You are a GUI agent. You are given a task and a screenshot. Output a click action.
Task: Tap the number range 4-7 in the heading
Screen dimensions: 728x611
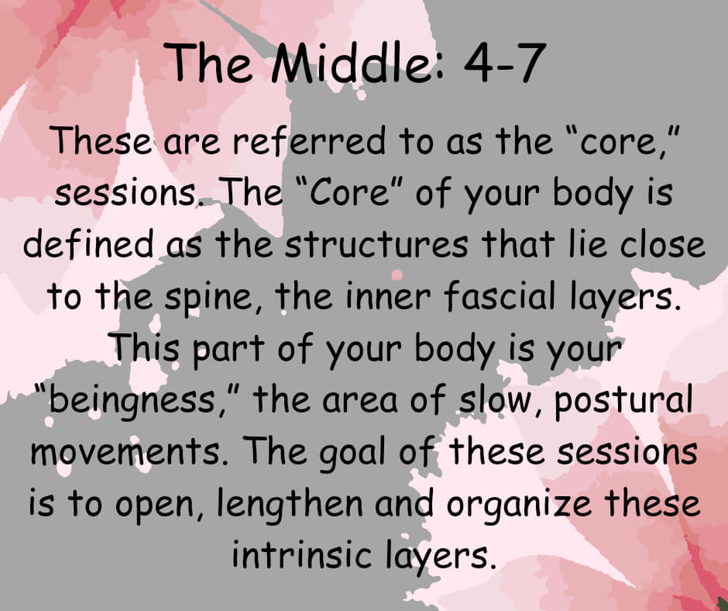(504, 64)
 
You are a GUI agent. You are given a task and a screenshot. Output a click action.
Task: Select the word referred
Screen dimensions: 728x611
(309, 140)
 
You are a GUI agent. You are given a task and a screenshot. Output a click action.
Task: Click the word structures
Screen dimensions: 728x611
(376, 243)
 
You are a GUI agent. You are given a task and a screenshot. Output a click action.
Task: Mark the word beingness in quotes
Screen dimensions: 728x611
(132, 401)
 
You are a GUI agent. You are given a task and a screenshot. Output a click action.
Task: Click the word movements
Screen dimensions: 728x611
(125, 451)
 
